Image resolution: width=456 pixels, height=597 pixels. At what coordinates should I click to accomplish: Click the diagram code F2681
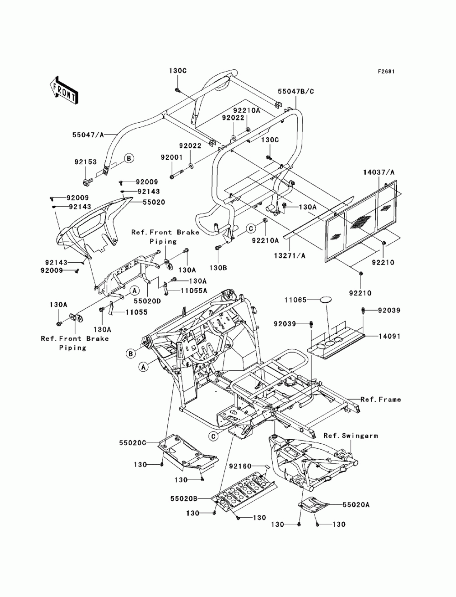pyautogui.click(x=386, y=72)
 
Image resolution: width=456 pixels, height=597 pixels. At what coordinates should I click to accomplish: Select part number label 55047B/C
pyautogui.click(x=295, y=91)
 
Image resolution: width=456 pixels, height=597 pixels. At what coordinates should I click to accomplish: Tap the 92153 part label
pyautogui.click(x=86, y=162)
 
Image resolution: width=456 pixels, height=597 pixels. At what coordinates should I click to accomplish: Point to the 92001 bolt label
pyautogui.click(x=171, y=157)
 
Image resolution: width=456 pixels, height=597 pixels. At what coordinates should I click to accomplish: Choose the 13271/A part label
pyautogui.click(x=290, y=256)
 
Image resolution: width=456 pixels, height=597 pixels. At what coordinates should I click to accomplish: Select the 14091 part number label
pyautogui.click(x=389, y=337)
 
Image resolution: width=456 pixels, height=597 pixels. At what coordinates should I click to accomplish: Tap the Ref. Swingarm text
pyautogui.click(x=351, y=436)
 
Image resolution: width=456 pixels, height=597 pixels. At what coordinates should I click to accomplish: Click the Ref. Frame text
pyautogui.click(x=381, y=400)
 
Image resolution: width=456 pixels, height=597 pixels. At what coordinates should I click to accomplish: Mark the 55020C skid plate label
pyautogui.click(x=133, y=443)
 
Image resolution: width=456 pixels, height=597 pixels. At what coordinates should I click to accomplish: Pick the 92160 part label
pyautogui.click(x=240, y=466)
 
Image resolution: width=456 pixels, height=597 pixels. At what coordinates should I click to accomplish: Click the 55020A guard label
pyautogui.click(x=356, y=505)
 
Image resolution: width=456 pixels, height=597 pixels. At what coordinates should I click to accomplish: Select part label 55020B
pyautogui.click(x=184, y=499)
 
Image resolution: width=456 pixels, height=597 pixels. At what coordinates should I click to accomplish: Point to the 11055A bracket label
pyautogui.click(x=194, y=291)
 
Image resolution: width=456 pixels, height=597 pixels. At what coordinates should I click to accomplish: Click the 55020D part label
pyautogui.click(x=147, y=301)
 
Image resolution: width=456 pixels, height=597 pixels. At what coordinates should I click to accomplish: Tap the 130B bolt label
pyautogui.click(x=218, y=268)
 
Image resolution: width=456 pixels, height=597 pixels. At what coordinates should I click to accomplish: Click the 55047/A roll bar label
pyautogui.click(x=88, y=135)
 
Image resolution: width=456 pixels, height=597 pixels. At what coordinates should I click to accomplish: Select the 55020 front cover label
pyautogui.click(x=154, y=202)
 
